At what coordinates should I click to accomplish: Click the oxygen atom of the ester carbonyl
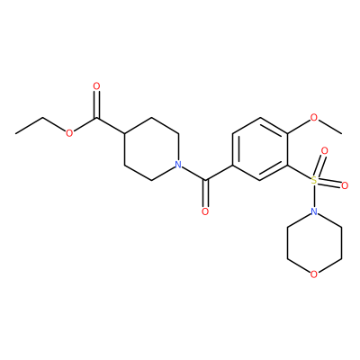coord(96,86)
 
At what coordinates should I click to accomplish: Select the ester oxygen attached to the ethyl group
coord(69,133)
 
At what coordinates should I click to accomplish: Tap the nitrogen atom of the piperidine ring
coord(178,165)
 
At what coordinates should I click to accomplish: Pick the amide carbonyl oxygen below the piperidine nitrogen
coord(205,211)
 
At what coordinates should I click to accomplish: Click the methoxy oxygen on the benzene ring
coord(314,117)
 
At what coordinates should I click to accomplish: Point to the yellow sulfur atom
coord(314,180)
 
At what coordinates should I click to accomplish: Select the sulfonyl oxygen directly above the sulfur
coord(324,150)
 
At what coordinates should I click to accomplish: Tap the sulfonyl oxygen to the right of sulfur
coord(345,185)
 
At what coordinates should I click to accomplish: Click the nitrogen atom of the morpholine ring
coord(314,211)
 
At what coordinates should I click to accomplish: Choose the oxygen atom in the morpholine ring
coord(314,274)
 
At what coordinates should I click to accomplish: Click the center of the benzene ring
coord(260,148)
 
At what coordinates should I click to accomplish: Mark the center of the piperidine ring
coord(151,148)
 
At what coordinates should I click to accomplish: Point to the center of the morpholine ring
coord(314,243)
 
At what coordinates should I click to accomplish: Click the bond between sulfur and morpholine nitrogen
coord(314,196)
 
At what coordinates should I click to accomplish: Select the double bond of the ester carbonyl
coord(96,104)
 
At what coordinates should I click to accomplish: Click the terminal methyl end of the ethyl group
coord(15,133)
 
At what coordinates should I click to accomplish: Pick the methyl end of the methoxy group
coord(341,133)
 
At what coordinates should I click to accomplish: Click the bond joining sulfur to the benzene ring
coord(299,172)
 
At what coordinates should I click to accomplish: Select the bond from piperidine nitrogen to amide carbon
coord(193,174)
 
